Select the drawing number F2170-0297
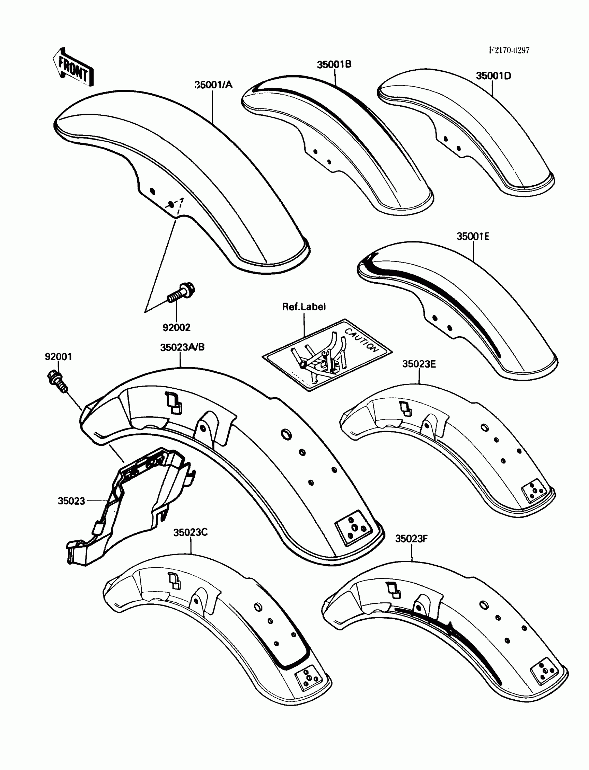(x=509, y=50)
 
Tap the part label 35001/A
(x=213, y=85)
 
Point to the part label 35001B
(x=334, y=65)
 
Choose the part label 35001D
(x=493, y=76)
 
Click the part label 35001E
(x=473, y=236)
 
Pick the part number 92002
(x=176, y=327)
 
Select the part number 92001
(x=58, y=357)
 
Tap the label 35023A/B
(x=182, y=347)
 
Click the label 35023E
(x=419, y=364)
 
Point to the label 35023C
(x=190, y=532)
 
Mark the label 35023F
(x=411, y=539)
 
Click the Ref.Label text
(x=304, y=307)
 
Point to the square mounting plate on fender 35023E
(x=534, y=490)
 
